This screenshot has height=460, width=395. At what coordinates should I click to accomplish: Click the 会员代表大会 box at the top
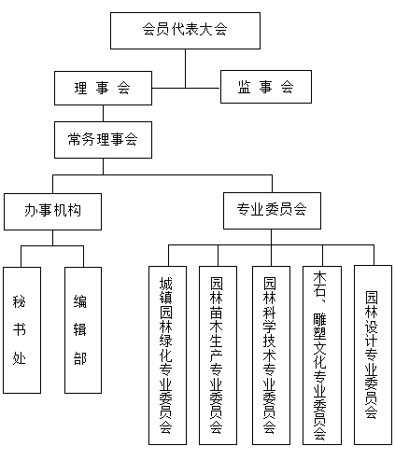185,31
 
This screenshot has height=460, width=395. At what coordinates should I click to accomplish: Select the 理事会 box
103,88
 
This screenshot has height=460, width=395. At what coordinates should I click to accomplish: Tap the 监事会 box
266,87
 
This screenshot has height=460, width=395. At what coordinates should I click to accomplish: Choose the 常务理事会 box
103,140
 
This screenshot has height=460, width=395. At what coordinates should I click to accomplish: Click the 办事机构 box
52,212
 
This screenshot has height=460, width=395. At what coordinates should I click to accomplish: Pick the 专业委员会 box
272,211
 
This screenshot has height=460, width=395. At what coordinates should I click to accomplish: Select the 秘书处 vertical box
21,330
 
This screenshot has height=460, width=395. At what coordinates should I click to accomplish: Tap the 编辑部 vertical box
83,330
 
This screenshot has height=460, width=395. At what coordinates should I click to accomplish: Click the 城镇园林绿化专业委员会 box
167,355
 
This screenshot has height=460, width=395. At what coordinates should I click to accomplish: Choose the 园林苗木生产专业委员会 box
218,355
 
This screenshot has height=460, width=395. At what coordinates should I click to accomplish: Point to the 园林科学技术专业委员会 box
271,355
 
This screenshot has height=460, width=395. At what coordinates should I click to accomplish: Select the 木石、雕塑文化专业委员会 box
322,355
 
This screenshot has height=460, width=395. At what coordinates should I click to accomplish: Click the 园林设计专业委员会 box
373,355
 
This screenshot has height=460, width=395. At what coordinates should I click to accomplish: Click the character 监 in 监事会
245,87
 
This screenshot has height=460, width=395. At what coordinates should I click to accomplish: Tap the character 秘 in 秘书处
19,301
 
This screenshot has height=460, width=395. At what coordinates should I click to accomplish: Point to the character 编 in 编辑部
80,301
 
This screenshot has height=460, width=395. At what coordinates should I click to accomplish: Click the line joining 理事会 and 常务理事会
103,113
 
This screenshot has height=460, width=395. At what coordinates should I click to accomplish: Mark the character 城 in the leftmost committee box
166,283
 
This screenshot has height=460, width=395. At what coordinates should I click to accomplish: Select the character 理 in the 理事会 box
80,88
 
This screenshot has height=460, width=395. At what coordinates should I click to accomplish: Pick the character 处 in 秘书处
19,358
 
